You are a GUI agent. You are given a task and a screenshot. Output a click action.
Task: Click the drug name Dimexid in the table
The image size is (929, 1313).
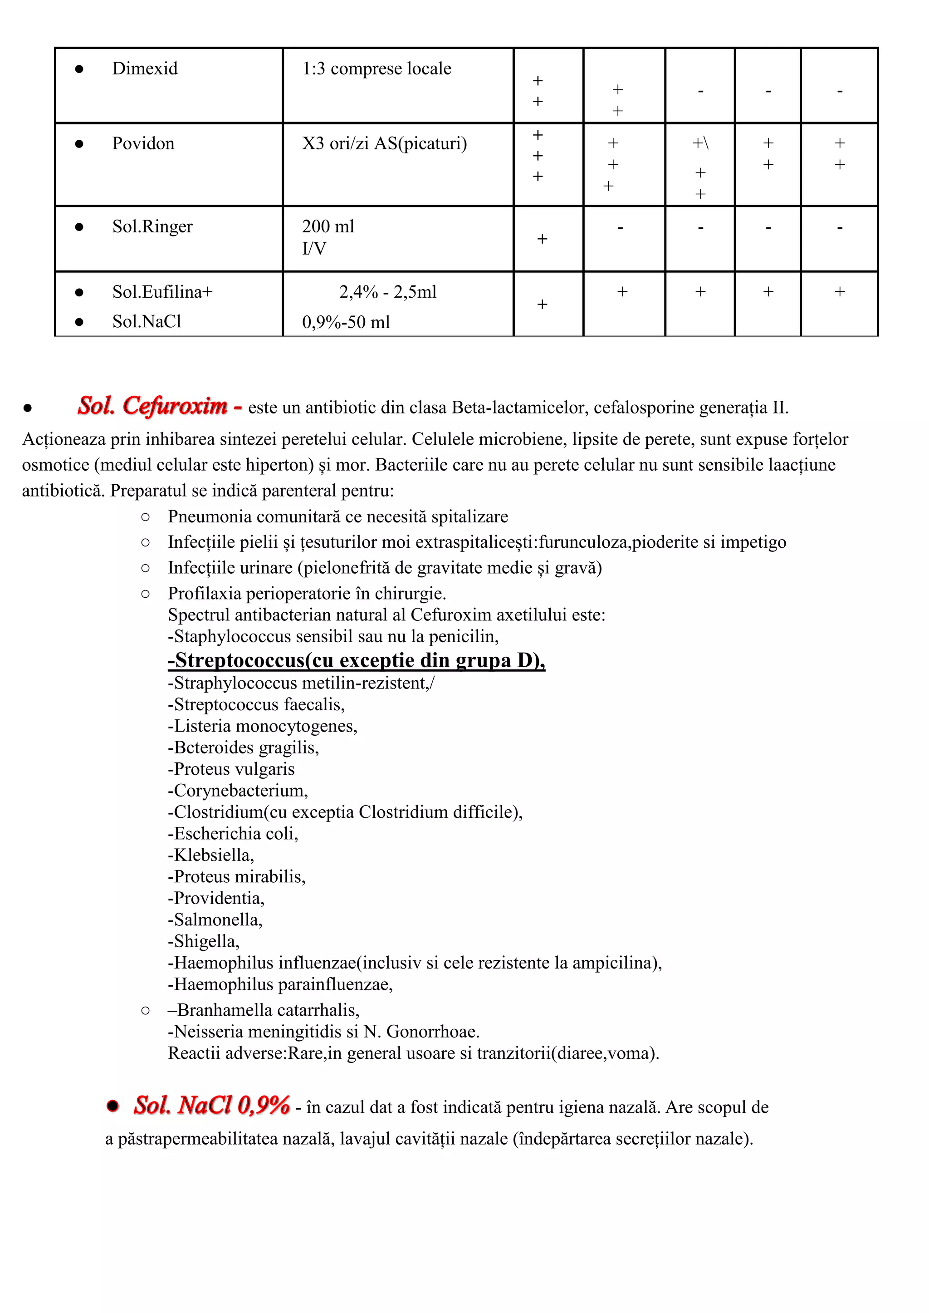[145, 69]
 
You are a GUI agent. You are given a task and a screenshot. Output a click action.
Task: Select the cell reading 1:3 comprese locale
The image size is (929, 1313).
[376, 69]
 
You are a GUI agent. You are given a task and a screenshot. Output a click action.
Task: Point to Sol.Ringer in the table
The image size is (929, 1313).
[152, 226]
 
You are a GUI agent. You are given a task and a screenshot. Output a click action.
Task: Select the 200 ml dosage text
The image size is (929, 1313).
[328, 226]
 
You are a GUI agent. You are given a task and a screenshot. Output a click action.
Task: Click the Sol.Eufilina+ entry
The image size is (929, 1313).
[162, 292]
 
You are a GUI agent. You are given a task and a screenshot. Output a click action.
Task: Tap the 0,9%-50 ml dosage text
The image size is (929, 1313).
[346, 322]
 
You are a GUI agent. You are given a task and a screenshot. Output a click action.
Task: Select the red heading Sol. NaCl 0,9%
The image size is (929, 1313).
[211, 1105]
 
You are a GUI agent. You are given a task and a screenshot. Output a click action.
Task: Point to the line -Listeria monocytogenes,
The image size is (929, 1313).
[263, 726]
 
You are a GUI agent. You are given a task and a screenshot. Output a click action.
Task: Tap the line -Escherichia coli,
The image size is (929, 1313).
[233, 834]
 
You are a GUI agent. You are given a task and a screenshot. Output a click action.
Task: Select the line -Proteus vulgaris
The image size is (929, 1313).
[231, 769]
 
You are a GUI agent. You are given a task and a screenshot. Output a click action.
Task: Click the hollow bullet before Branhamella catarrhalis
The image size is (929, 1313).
[145, 1011]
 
